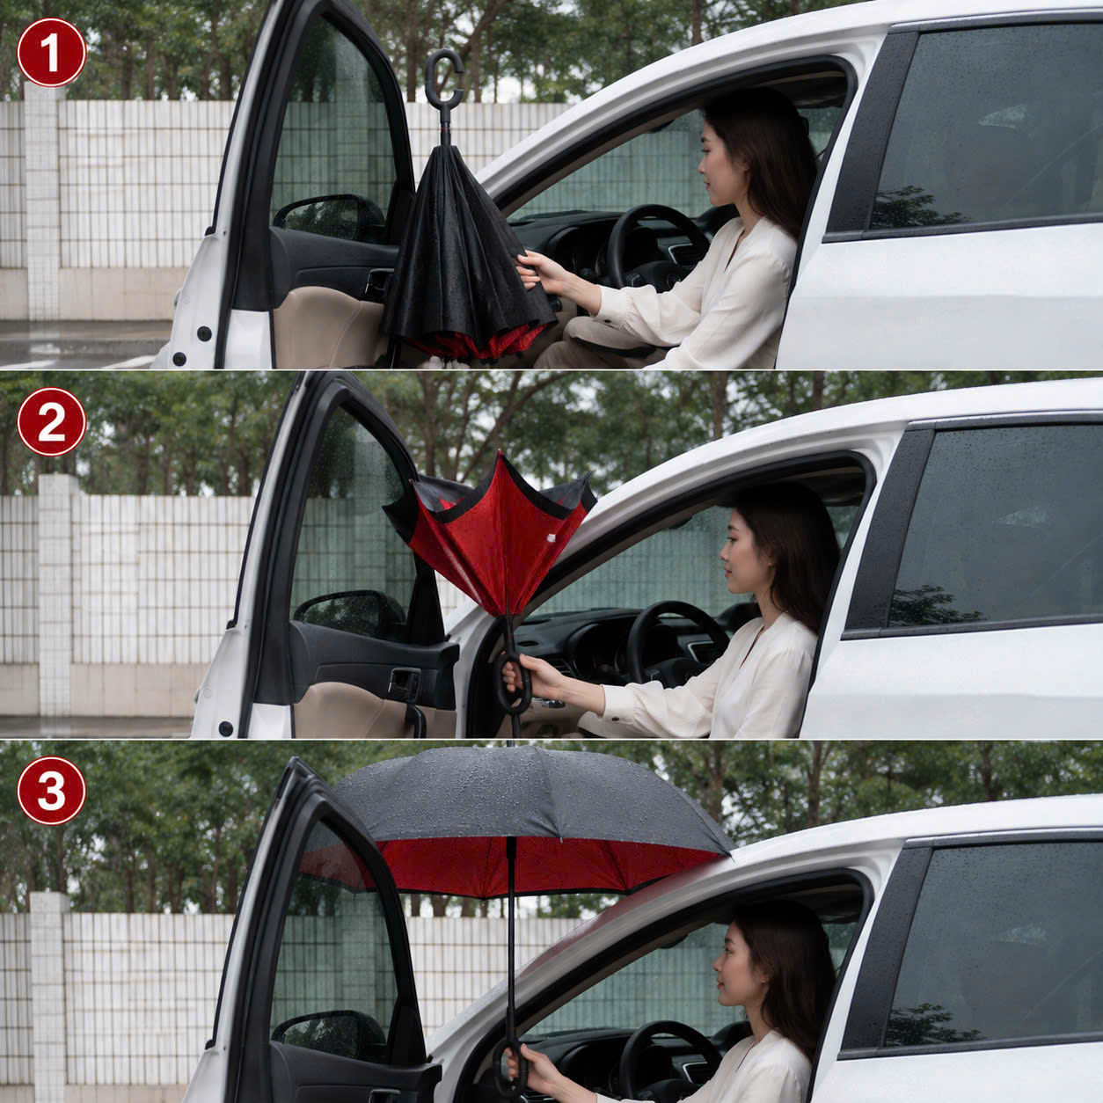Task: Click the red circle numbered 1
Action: [x=52, y=53]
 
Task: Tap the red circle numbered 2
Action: [x=52, y=422]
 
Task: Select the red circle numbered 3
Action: [x=52, y=791]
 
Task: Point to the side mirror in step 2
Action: [x=349, y=616]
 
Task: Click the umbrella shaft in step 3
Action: [x=510, y=939]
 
